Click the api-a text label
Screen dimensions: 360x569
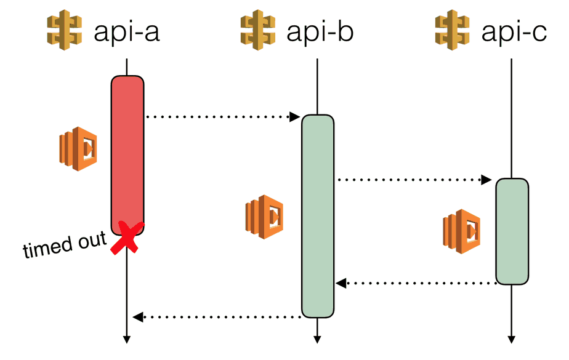[x=126, y=31]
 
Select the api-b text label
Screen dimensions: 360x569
[x=320, y=31]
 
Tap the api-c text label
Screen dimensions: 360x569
[x=514, y=31]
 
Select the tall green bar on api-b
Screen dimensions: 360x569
[x=317, y=215]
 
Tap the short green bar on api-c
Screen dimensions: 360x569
[x=512, y=231]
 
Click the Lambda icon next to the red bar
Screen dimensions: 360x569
[x=78, y=149]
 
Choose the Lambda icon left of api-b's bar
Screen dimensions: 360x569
[x=264, y=217]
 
